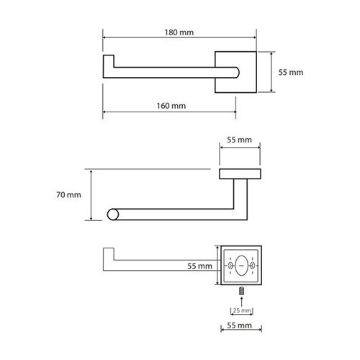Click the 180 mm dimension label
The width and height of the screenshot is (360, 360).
[x=179, y=32]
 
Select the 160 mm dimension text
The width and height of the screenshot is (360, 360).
[x=171, y=106]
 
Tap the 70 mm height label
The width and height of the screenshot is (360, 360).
[x=68, y=194]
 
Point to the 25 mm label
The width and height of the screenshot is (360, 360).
[x=242, y=310]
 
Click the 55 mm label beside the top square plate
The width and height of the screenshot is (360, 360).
[x=291, y=72]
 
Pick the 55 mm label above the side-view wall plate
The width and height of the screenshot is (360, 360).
[x=239, y=140]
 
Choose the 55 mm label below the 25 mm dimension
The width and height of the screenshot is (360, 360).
[x=239, y=325]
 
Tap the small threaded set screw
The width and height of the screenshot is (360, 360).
[x=242, y=291]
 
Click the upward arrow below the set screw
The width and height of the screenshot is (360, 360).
[x=242, y=302]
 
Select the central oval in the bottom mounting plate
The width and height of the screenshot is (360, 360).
[x=241, y=266]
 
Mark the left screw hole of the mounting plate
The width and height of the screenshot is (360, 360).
[x=230, y=266]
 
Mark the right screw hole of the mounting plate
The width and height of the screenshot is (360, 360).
[x=253, y=266]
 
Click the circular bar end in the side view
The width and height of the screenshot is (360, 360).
[x=113, y=215]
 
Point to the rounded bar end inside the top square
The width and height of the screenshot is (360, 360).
[x=237, y=73]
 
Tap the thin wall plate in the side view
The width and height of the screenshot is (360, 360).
[x=240, y=174]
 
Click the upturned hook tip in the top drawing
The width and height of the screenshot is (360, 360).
[x=109, y=61]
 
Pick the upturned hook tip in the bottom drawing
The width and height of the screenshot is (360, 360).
[x=109, y=253]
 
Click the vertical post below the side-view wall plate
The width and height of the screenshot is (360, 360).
[x=240, y=199]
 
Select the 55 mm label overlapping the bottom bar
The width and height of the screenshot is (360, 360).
[x=199, y=266]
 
